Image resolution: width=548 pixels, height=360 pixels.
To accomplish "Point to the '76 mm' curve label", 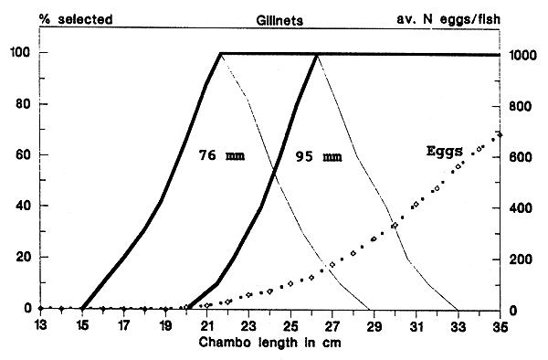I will (222, 155).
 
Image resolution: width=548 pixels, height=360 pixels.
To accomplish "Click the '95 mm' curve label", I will (319, 156).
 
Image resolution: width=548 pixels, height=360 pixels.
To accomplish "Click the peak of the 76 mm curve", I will (221, 54).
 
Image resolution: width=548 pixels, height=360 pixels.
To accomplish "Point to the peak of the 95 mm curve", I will (317, 54).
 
